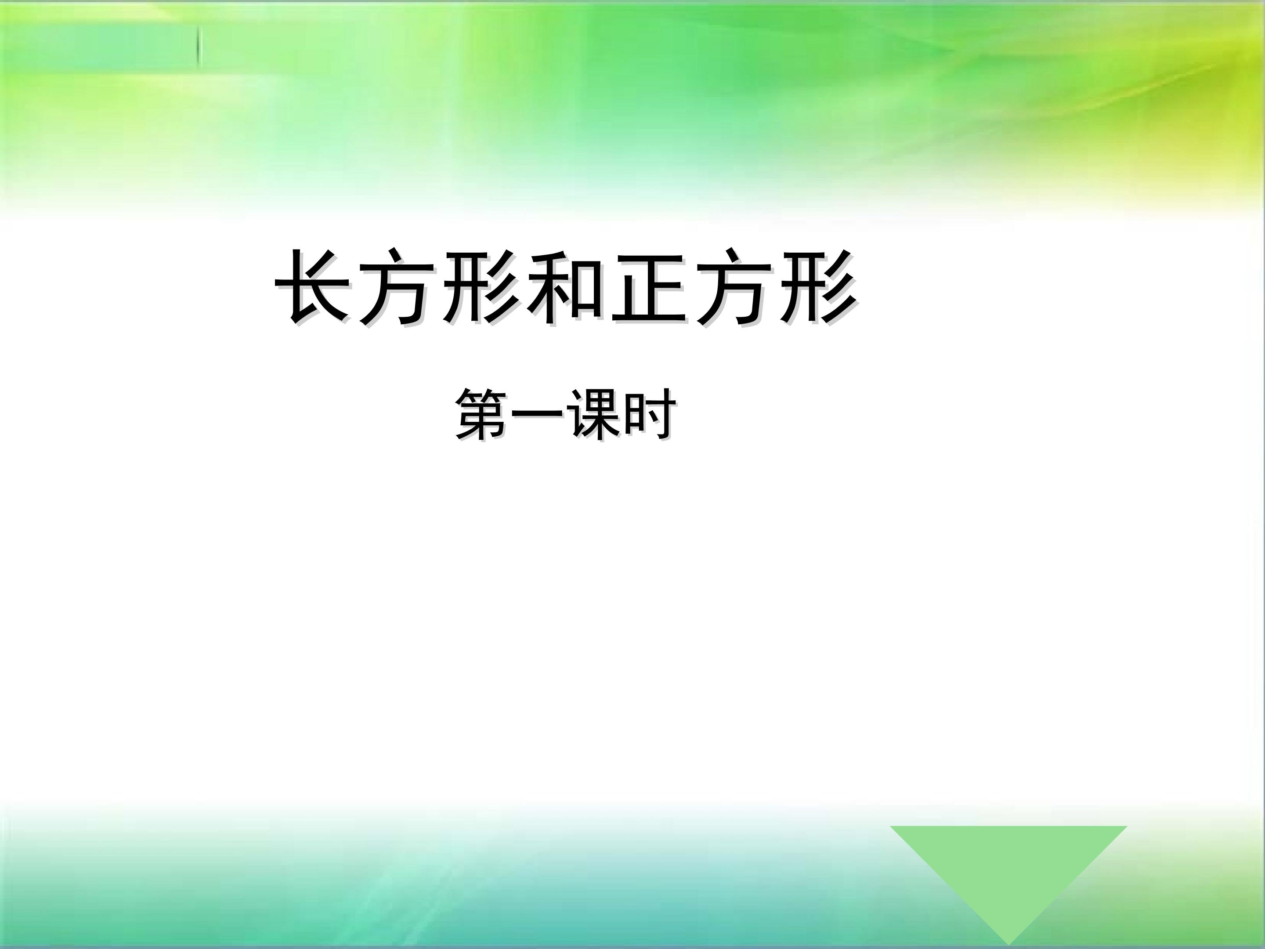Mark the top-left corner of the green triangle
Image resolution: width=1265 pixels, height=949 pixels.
point(891,826)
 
